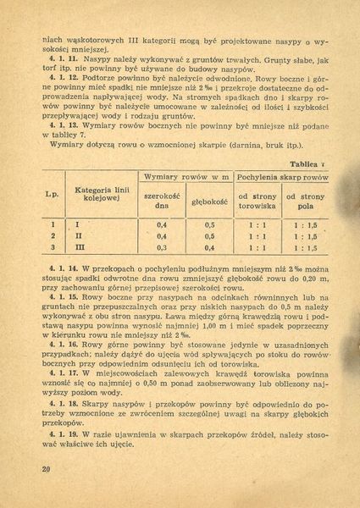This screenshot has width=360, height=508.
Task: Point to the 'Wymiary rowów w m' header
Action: coord(186,178)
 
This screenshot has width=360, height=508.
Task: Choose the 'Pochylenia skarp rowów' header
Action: coord(281,178)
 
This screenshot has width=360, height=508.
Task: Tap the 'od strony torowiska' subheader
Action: coord(258,202)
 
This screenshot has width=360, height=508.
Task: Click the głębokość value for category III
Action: coord(208,248)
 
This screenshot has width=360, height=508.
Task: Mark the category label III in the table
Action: coord(80,248)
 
